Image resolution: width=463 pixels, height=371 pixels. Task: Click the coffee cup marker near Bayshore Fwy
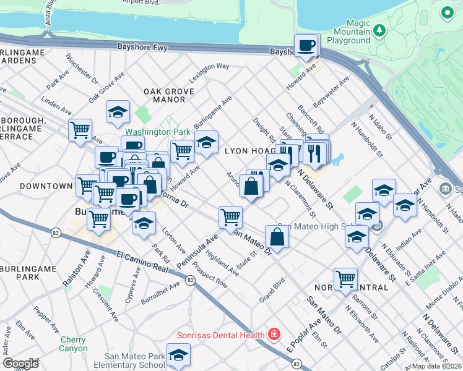306,45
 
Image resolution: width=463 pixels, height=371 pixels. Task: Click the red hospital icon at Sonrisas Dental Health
274,335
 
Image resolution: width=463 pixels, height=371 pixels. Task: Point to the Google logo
20,363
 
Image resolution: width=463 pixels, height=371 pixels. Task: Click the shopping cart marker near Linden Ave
80,130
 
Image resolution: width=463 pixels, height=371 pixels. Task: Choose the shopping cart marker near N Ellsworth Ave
345,278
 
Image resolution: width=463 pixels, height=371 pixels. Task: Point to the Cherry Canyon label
74,344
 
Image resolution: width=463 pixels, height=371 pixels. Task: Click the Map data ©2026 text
437,366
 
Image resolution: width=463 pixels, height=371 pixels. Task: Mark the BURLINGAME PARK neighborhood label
27,273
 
